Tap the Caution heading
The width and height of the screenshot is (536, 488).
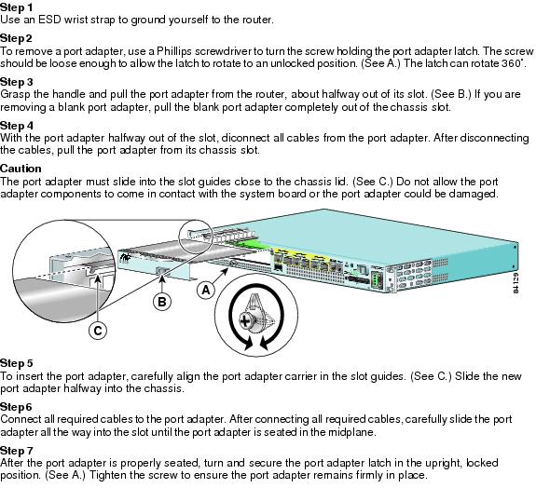[21, 168]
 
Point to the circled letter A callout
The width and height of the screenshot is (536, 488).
[206, 290]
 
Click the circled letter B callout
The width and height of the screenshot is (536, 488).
[160, 301]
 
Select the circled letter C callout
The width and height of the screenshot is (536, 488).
[98, 330]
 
